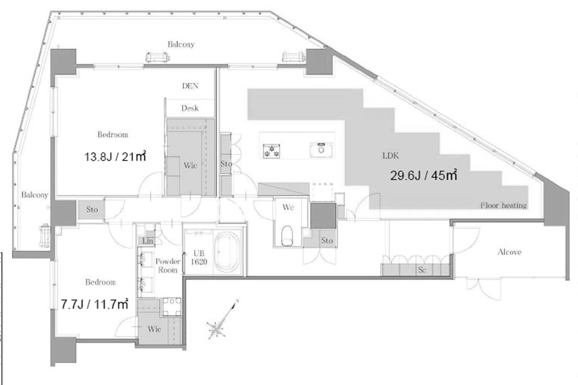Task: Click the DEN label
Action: [190, 86]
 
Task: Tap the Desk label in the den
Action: [190, 108]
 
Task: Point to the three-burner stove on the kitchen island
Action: [271, 151]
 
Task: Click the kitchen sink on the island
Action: [321, 150]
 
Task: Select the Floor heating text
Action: [503, 206]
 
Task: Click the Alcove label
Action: [509, 252]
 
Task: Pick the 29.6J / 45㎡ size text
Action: [424, 175]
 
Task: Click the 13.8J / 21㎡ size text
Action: [115, 157]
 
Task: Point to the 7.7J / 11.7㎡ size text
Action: [95, 304]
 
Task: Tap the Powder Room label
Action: [168, 265]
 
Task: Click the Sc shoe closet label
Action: [422, 270]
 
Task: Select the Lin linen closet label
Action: [148, 241]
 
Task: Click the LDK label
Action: [390, 156]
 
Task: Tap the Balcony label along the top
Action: [181, 45]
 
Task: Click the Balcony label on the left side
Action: [35, 195]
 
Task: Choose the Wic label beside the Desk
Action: [190, 165]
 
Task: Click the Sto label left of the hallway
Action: [92, 210]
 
